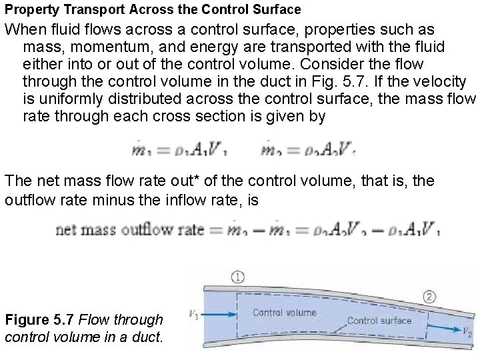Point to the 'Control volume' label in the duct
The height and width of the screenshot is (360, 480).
(x=284, y=311)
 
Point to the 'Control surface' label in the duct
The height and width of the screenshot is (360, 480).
(x=379, y=319)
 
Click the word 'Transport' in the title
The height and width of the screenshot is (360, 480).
(x=89, y=9)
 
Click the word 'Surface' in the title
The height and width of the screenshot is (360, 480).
(x=277, y=9)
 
